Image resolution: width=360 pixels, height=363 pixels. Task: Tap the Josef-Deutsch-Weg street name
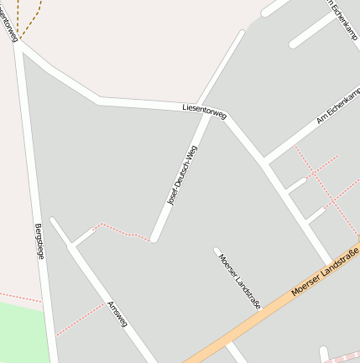click(x=183, y=175)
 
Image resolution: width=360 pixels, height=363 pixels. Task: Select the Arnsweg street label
click(x=117, y=315)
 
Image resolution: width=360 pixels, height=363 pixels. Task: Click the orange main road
click(x=252, y=319)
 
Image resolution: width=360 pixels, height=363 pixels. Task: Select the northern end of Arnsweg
click(x=54, y=221)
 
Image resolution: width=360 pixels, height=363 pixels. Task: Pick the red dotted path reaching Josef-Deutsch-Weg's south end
click(x=117, y=231)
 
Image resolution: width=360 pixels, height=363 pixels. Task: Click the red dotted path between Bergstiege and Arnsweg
click(x=81, y=319)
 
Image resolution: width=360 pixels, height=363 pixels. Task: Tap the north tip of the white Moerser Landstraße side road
click(x=217, y=250)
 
